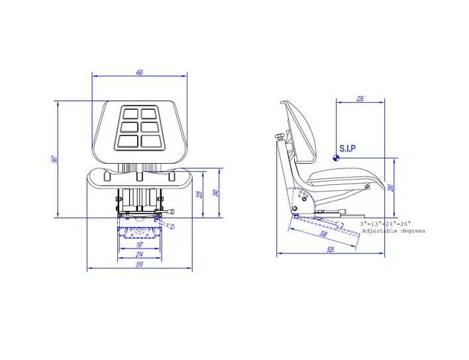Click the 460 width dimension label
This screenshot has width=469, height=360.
139,72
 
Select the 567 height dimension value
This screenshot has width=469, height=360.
56,159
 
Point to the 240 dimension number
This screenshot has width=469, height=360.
215,192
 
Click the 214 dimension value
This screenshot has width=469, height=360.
139,254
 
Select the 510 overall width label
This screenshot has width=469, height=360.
139,265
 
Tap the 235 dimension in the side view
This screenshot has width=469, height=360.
360,99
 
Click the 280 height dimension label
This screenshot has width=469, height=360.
392,188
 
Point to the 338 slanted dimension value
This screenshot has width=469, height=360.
323,235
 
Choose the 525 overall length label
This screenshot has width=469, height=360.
330,250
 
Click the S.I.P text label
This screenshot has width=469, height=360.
347,149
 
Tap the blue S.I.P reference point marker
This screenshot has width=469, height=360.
336,158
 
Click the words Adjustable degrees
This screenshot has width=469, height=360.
393,231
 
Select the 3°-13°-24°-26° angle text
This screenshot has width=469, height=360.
386,224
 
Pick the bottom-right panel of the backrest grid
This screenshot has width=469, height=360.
150,141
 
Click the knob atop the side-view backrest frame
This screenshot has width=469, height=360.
280,137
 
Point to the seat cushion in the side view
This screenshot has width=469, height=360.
344,177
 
